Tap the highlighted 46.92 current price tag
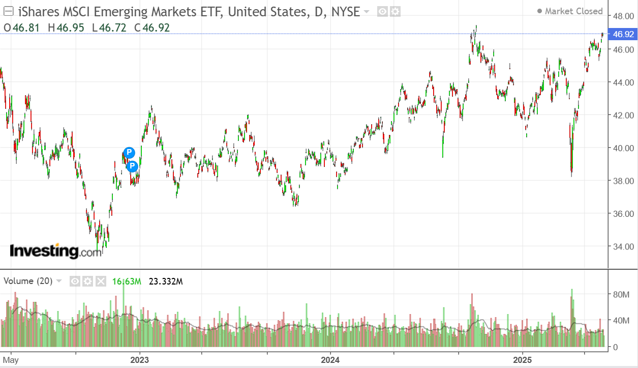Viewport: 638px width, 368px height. click(x=623, y=35)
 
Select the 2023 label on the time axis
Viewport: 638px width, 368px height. click(x=139, y=360)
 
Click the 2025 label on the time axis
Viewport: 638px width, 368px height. click(x=522, y=360)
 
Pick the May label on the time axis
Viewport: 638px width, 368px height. click(x=11, y=360)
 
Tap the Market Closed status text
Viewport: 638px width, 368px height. click(x=573, y=11)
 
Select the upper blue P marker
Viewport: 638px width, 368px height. click(x=129, y=152)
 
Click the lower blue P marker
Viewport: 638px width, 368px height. click(x=132, y=166)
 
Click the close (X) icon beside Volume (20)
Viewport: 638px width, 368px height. click(x=101, y=281)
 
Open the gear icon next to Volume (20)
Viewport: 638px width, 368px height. click(x=88, y=281)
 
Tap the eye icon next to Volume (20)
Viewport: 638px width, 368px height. click(x=75, y=281)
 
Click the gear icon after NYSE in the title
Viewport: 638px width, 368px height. click(x=395, y=11)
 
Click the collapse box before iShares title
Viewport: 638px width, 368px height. click(x=8, y=11)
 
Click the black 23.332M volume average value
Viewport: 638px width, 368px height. click(x=165, y=281)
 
